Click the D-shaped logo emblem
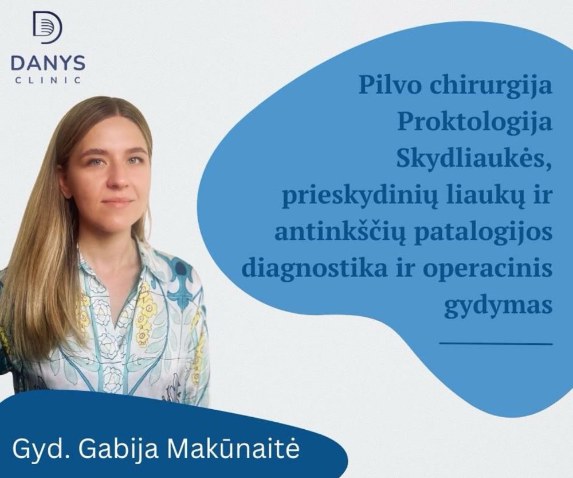tap(48, 28)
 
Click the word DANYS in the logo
tap(48, 63)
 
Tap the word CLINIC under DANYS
tap(48, 80)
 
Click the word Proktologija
tap(474, 123)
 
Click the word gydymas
tap(499, 306)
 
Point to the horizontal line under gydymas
tap(496, 343)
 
